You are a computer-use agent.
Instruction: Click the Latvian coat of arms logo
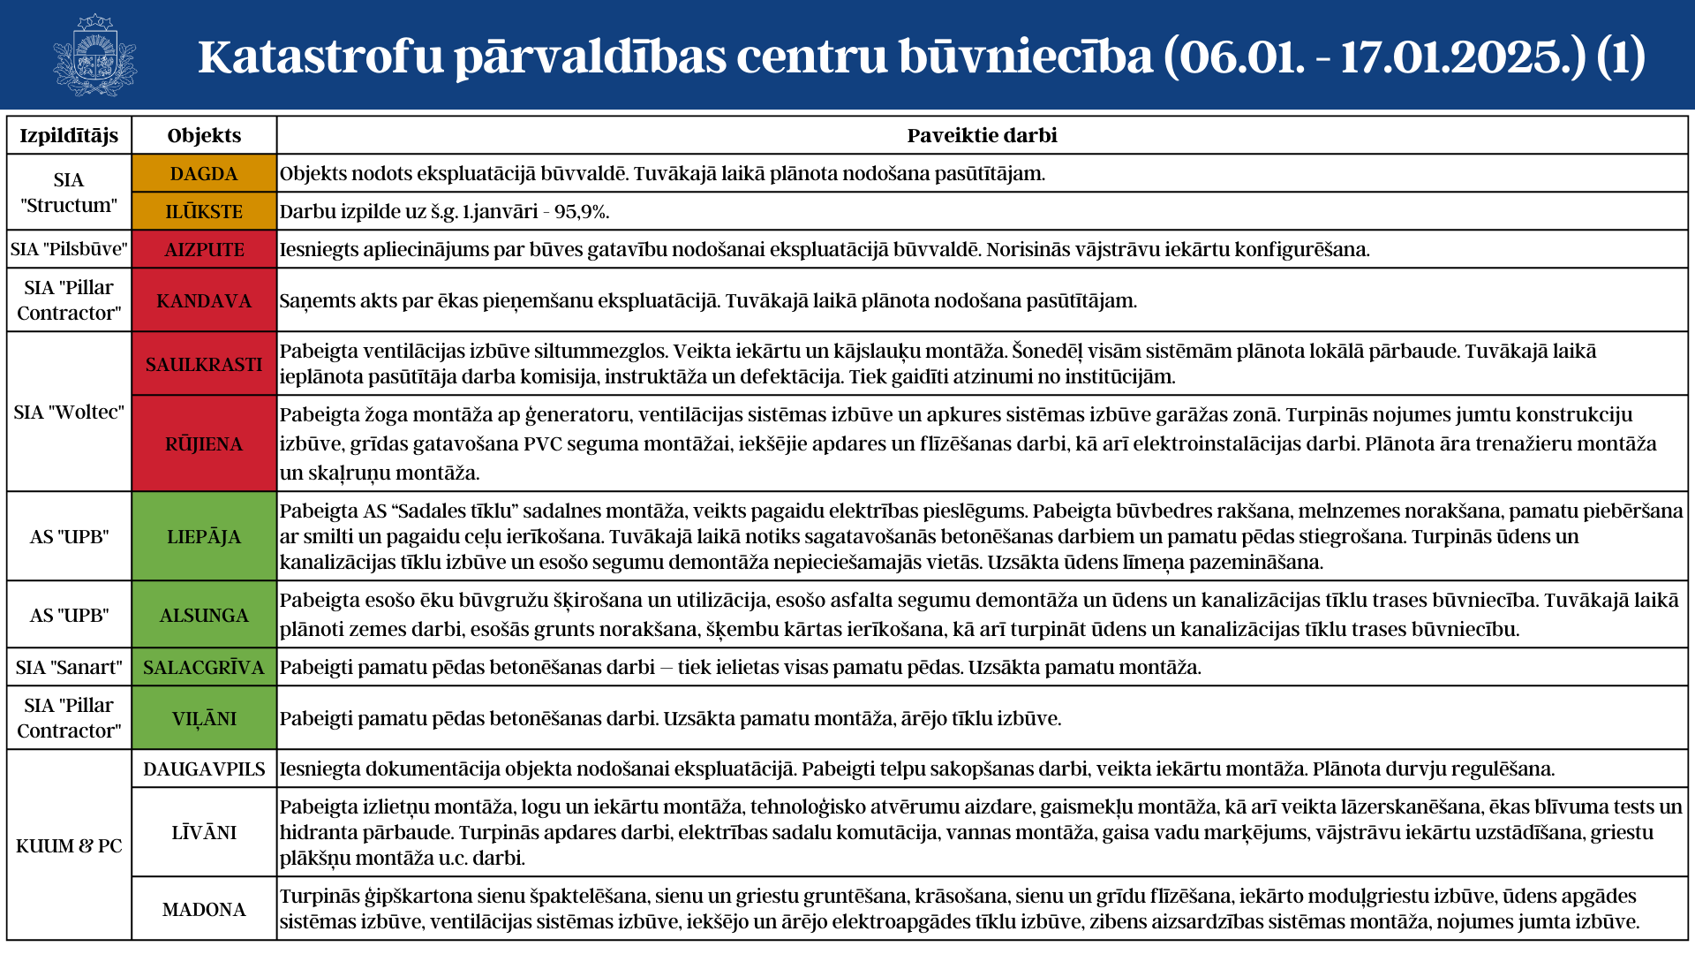pyautogui.click(x=94, y=55)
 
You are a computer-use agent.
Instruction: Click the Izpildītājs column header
pyautogui.click(x=69, y=135)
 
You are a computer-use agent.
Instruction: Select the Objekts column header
pyautogui.click(x=204, y=135)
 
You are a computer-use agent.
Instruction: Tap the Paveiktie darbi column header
pyautogui.click(x=982, y=135)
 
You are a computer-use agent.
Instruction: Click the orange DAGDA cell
pyautogui.click(x=204, y=174)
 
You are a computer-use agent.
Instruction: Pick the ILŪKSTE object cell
pyautogui.click(x=204, y=212)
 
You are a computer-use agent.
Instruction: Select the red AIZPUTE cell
pyautogui.click(x=204, y=250)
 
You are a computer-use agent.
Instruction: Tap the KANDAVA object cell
pyautogui.click(x=204, y=301)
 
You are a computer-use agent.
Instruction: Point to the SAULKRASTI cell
pyautogui.click(x=204, y=364)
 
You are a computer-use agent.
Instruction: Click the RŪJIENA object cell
pyautogui.click(x=204, y=443)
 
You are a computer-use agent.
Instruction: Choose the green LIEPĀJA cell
pyautogui.click(x=204, y=536)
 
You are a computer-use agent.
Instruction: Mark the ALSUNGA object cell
pyautogui.click(x=204, y=615)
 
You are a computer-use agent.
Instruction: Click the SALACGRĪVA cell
pyautogui.click(x=204, y=668)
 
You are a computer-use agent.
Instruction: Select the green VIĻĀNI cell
pyautogui.click(x=204, y=718)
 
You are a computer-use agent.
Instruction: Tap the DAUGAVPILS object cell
pyautogui.click(x=204, y=769)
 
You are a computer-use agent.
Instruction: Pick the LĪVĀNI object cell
pyautogui.click(x=204, y=832)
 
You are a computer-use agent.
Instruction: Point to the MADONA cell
pyautogui.click(x=204, y=909)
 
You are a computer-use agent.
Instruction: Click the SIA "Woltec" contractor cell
pyautogui.click(x=69, y=412)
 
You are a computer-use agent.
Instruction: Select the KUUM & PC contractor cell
pyautogui.click(x=69, y=845)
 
